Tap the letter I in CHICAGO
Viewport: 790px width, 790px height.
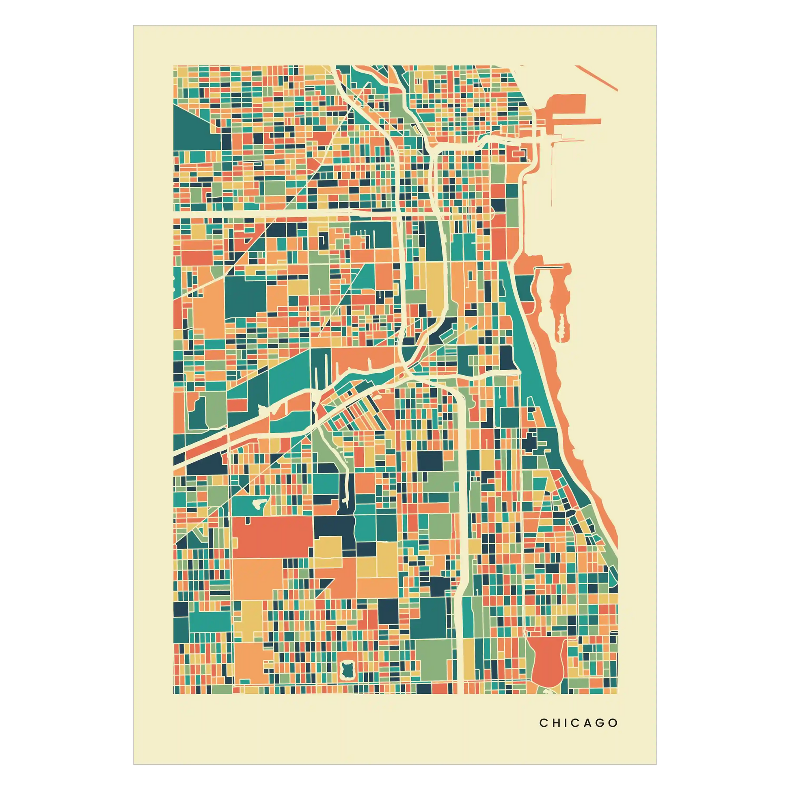pyautogui.click(x=566, y=723)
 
